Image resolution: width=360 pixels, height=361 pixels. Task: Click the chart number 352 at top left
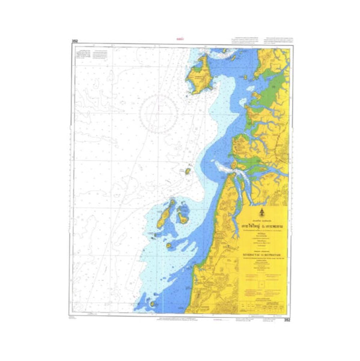75,42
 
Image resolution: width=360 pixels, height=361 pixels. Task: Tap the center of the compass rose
158,112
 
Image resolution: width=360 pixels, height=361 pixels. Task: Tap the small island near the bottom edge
153,304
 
